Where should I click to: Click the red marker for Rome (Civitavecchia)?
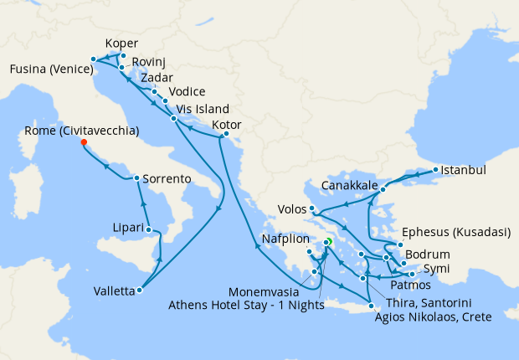coord(84,141)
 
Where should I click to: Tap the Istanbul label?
coord(463,170)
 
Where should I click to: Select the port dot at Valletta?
coord(139,291)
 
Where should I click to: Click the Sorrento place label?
coord(167,179)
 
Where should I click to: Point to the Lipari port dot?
coord(148,229)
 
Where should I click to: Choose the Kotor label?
coord(227,125)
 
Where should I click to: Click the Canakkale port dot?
coord(383,189)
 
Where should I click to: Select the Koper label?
coord(122,44)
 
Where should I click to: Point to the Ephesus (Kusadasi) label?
coord(456,234)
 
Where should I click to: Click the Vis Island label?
coord(200,109)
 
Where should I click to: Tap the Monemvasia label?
coord(267,291)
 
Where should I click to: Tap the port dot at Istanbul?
coord(434,171)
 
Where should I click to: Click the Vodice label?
coord(186,92)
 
